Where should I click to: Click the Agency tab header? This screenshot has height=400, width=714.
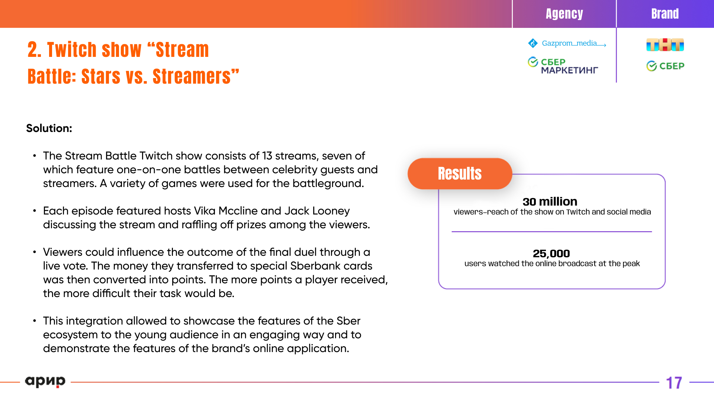tap(564, 14)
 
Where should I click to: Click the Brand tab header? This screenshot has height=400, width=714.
tap(665, 14)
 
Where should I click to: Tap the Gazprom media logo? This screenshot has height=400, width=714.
tap(567, 43)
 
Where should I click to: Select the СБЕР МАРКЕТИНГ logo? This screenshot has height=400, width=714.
tap(563, 66)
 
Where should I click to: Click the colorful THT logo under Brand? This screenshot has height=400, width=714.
tap(665, 45)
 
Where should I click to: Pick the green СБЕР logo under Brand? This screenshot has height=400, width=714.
tap(665, 66)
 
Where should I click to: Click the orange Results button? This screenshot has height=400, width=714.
tap(460, 174)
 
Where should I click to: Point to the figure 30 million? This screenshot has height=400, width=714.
tap(550, 201)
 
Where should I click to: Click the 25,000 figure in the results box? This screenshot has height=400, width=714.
tap(551, 254)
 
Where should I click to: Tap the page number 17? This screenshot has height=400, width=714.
tap(674, 383)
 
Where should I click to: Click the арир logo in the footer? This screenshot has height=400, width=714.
tap(45, 381)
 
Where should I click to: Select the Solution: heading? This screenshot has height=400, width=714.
tap(49, 128)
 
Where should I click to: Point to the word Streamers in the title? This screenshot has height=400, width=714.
tap(192, 77)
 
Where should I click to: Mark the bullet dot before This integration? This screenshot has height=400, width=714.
tap(35, 320)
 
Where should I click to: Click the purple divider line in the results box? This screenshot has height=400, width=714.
tap(552, 232)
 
